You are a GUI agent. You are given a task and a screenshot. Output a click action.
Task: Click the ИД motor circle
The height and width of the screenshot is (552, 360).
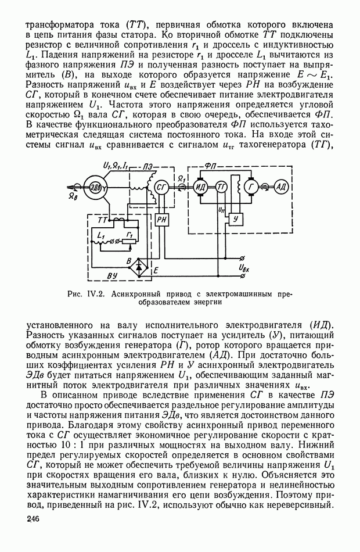click(201, 187)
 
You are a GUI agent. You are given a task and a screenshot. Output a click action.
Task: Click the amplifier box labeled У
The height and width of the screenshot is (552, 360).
click(235, 218)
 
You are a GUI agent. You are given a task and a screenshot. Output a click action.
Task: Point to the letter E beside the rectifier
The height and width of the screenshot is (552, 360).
click(155, 270)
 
